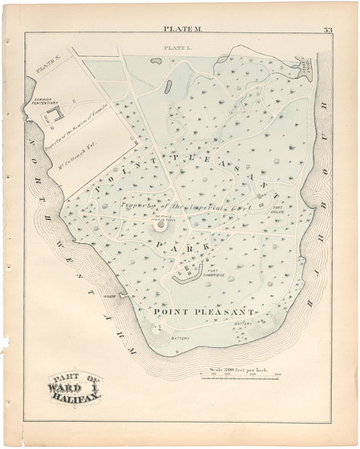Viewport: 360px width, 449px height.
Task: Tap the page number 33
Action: click(328, 29)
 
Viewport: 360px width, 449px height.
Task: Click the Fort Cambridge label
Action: click(213, 267)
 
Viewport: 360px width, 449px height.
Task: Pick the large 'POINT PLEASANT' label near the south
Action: click(203, 312)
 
